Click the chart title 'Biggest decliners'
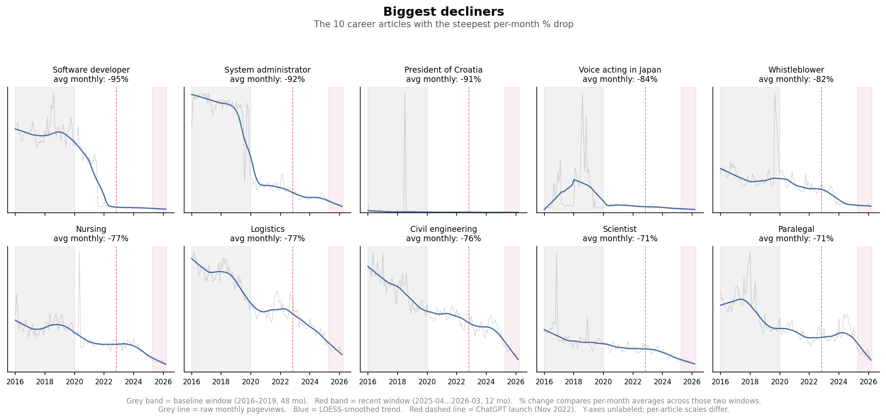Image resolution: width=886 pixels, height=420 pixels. point(443,11)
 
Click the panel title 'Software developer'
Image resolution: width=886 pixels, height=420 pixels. point(91,70)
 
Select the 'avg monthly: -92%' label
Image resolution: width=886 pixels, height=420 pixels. point(267,79)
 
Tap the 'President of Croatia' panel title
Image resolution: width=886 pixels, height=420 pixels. point(443,70)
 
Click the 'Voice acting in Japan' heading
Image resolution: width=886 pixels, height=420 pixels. point(620,70)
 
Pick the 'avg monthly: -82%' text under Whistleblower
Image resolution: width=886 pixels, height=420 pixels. point(796,79)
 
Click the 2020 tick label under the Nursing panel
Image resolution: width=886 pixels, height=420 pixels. point(75,381)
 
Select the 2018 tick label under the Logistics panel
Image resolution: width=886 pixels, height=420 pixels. point(221,381)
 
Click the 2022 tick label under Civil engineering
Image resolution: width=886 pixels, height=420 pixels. point(457,381)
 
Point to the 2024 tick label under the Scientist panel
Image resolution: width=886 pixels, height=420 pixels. point(662,381)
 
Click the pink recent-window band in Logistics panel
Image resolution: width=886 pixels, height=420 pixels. point(336,297)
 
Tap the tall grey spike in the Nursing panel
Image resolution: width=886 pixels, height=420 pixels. point(79,255)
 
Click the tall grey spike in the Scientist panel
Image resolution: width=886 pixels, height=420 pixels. point(556,255)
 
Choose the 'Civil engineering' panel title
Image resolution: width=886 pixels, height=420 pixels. point(443,229)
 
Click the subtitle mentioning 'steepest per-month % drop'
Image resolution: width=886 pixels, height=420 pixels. point(443,25)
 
